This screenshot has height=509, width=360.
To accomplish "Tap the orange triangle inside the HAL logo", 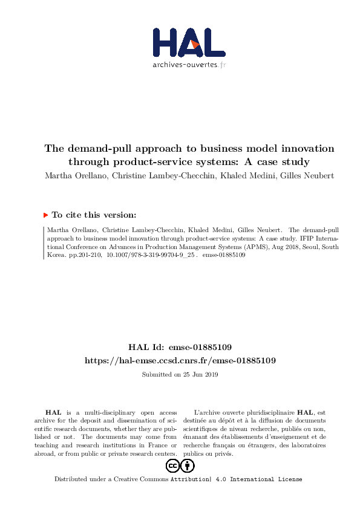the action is pos(195,44).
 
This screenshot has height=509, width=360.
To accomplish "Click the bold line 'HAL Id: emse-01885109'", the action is pos(180,348).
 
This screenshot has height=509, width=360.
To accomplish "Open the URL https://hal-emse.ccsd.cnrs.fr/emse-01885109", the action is pos(180,360).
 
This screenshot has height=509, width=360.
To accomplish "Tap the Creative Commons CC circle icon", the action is pos(172,466).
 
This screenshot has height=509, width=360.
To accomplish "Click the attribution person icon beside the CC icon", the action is pos(188,466).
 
